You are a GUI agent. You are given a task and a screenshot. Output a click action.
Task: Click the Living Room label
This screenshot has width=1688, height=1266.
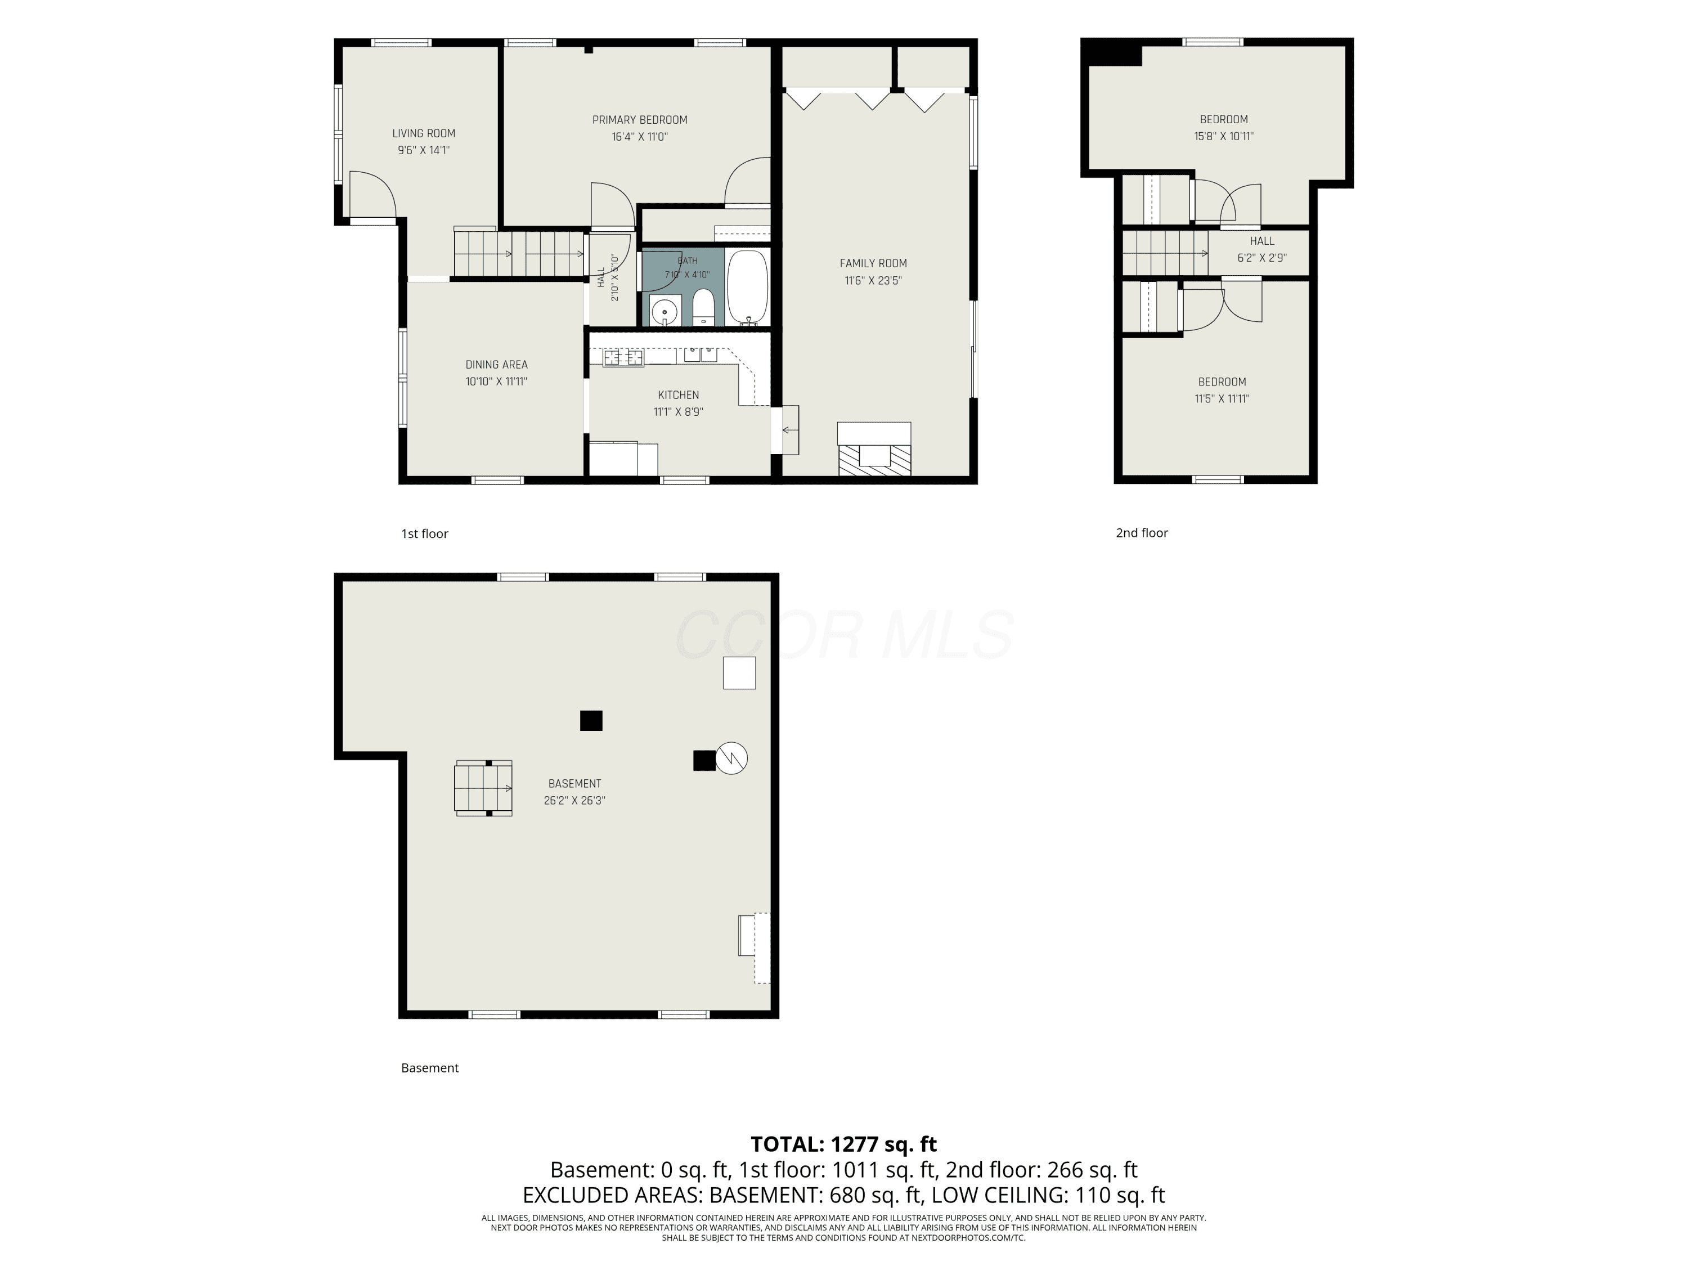pos(424,133)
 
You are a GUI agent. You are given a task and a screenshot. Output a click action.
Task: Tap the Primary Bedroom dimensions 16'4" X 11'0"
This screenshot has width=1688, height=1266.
pos(640,137)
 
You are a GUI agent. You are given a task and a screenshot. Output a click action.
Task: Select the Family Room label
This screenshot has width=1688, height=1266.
pos(873,263)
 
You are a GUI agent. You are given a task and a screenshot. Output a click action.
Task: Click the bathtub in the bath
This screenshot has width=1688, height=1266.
pos(747,288)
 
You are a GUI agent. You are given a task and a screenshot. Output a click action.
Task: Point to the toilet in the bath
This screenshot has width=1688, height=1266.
pos(703,307)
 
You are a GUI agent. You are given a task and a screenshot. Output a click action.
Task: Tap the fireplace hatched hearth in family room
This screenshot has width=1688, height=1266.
pos(874,461)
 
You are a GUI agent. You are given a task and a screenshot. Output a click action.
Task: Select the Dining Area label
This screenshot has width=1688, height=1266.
pos(497,365)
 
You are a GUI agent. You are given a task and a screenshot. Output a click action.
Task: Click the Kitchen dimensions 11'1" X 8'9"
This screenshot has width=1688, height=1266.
pos(679,412)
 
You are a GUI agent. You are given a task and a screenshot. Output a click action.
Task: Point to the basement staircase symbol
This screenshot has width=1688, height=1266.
pos(484,788)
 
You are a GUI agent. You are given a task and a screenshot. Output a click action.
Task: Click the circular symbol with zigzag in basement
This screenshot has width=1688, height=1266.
pos(731,758)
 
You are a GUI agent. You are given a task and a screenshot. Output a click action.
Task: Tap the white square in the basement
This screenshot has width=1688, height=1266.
pos(739,673)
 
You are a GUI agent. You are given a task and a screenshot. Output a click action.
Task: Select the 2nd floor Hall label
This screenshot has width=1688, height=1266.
pos(1262,241)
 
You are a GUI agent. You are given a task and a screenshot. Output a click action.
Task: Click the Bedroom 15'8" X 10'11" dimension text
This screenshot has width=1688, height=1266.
pos(1224,137)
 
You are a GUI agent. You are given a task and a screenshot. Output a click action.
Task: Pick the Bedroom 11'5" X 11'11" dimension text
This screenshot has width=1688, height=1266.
pos(1222,398)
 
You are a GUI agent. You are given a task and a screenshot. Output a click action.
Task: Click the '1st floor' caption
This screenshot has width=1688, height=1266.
pos(424,534)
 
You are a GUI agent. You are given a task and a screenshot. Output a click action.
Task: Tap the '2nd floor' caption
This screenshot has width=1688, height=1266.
pos(1142,533)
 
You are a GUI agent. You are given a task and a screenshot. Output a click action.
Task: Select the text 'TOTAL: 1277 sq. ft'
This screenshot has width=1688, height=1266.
pos(843,1144)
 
